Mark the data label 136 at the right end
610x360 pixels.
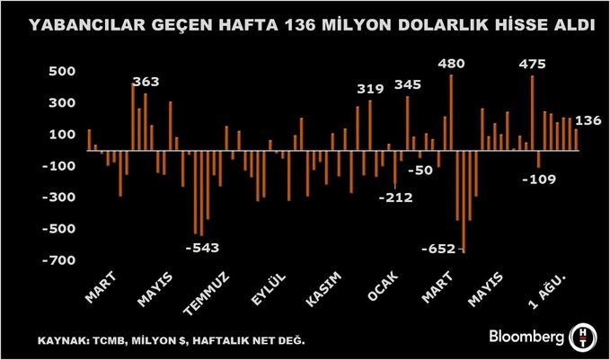pos(589,120)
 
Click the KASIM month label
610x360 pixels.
pos(322,293)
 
